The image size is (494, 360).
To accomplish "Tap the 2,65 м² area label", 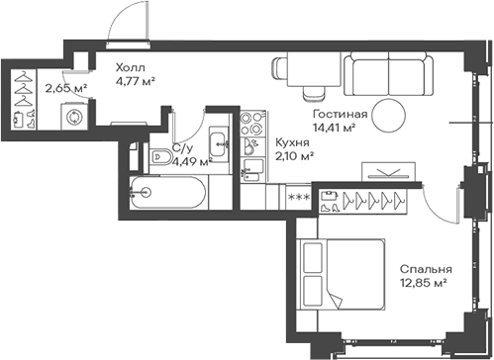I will (65, 88).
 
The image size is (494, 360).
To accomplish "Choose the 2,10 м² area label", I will (294, 156).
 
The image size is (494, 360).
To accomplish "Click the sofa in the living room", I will (389, 73).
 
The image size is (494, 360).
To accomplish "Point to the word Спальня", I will (426, 269).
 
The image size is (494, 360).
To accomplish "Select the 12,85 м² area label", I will (424, 284).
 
